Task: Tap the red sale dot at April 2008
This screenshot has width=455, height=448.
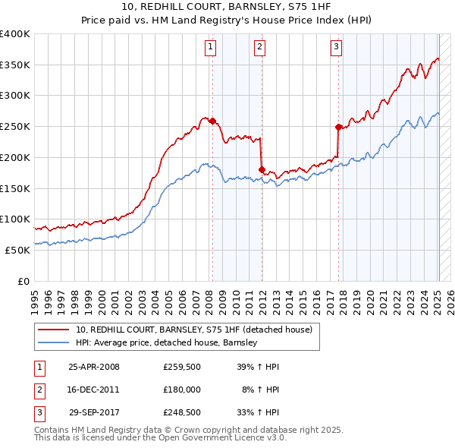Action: (x=212, y=121)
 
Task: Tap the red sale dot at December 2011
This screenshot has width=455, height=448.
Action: (x=262, y=170)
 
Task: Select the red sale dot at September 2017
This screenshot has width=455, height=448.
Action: (x=339, y=128)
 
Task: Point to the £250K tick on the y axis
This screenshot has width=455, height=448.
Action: (x=15, y=127)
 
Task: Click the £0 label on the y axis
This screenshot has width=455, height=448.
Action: (x=24, y=281)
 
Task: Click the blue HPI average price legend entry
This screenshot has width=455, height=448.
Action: (x=167, y=343)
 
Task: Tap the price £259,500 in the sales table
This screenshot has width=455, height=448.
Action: (x=181, y=367)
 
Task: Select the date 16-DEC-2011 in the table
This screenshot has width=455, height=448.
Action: (x=94, y=389)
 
